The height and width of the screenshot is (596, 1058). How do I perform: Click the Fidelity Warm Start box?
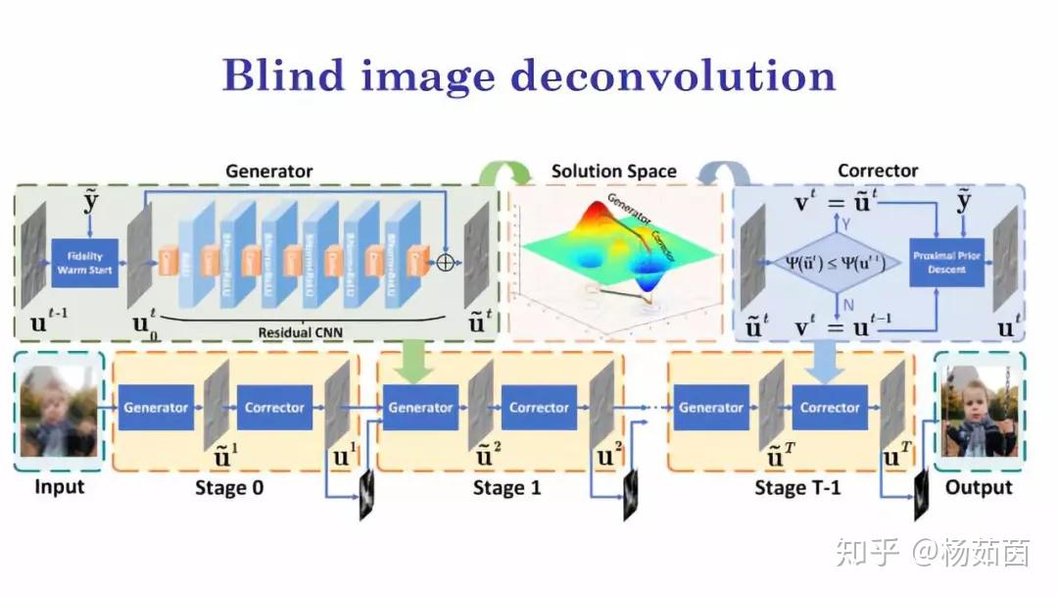coord(84,263)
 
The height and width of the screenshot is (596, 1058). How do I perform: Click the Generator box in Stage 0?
coord(155,408)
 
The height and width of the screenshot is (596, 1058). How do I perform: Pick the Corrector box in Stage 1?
coord(539,408)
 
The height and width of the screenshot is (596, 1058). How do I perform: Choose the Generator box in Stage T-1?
coord(711,408)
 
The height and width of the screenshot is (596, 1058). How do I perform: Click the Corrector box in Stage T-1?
coord(830,408)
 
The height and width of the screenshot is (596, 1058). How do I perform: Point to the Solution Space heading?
coord(613,172)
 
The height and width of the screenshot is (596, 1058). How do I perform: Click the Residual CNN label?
coord(299,332)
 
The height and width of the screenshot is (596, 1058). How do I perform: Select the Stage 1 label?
coord(506,487)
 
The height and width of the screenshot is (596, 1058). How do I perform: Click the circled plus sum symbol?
coord(447,263)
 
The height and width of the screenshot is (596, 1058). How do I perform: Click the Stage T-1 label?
coord(797,487)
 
